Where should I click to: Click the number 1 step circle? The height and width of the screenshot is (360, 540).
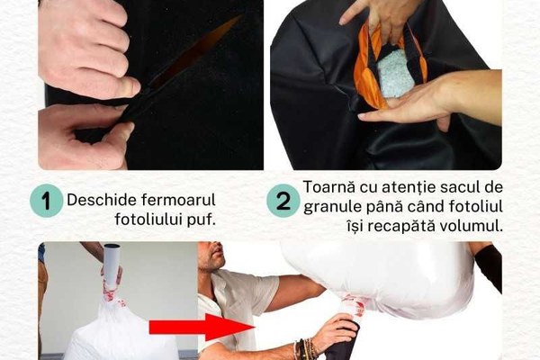(46, 201)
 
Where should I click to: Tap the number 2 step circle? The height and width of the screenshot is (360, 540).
(283, 201)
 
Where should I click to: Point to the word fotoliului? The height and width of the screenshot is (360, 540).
(148, 220)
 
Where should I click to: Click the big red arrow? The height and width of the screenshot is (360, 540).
(201, 327)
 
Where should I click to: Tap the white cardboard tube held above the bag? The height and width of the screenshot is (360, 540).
(112, 265)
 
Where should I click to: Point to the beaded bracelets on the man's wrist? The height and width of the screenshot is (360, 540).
(305, 348)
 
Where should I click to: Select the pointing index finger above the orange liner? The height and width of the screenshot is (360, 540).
(354, 14)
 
